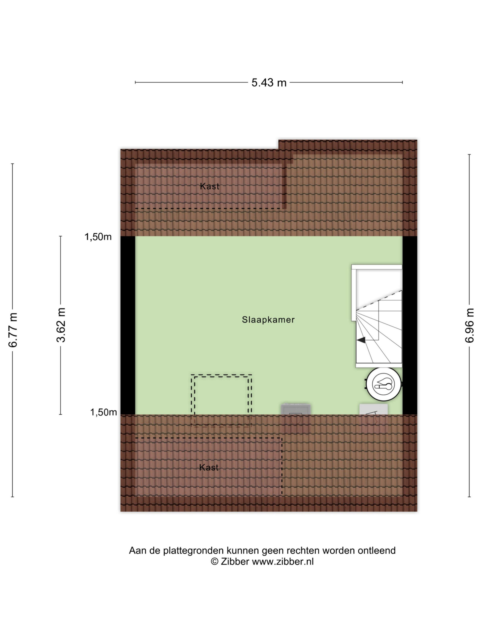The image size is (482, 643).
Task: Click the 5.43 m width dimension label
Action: tap(269, 83)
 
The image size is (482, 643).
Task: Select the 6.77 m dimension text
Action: tap(13, 330)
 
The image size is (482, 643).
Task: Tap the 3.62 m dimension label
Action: tap(61, 325)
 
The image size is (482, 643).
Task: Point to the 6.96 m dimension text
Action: tap(469, 325)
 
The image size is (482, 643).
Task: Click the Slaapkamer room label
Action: tap(268, 320)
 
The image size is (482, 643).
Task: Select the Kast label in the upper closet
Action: tap(209, 186)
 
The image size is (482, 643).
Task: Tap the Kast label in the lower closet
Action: tap(209, 467)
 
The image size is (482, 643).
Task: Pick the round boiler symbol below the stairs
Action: tap(384, 384)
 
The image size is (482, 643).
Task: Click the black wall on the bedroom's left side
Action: tap(128, 325)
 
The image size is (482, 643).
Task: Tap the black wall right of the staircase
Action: tap(410, 325)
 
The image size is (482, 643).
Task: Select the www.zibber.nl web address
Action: tap(283, 561)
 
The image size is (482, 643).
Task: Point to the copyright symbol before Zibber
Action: tap(214, 561)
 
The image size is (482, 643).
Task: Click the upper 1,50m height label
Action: tap(98, 237)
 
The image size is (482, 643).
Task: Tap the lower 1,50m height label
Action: tap(103, 412)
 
